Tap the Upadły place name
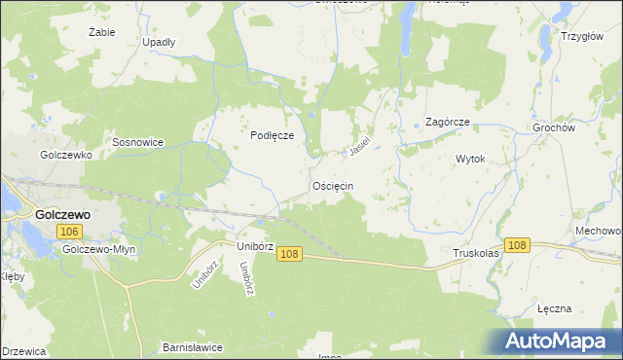pos(159,43)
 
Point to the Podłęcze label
pos(273,136)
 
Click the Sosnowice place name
pos(137,142)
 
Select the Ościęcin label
pos(333,185)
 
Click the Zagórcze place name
pos(449,123)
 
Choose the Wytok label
pos(470,158)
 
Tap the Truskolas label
pos(476,253)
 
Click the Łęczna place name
pos(553,307)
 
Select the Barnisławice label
pos(193,347)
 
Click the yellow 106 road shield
pos(68,232)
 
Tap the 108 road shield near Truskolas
pos(517,245)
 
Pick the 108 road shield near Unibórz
pos(288,254)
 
